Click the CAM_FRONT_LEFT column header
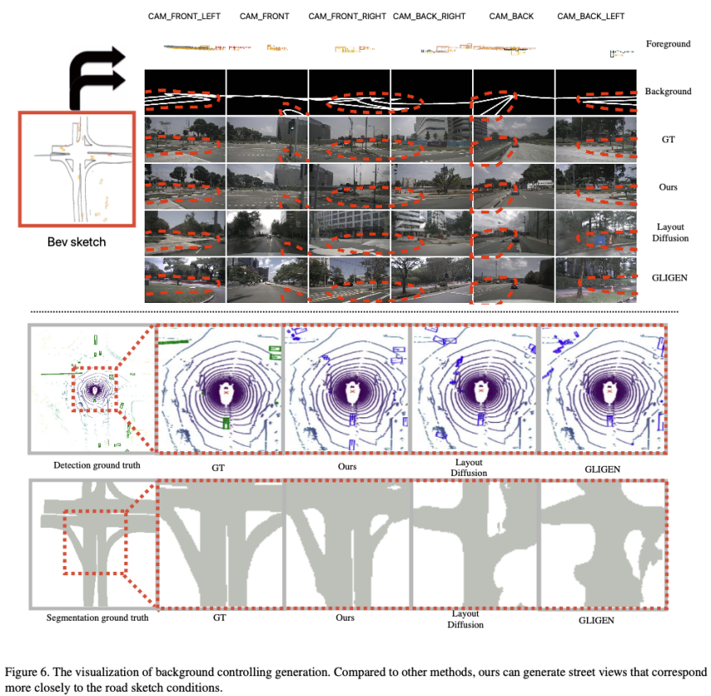point(184,17)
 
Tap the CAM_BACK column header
point(511,17)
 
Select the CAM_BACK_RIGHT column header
point(429,17)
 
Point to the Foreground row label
point(668,44)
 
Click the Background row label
point(668,91)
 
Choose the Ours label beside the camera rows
point(668,187)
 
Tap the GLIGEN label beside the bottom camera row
point(670,278)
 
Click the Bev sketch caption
point(77,242)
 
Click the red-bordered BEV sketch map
point(77,169)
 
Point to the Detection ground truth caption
point(97,465)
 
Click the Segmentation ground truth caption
point(97,618)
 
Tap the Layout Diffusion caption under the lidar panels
point(469,468)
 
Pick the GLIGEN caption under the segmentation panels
point(596,621)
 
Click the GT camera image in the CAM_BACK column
point(513,139)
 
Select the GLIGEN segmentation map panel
point(603,544)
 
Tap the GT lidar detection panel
point(218,389)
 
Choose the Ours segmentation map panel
point(347,544)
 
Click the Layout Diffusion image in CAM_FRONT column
point(267,233)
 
